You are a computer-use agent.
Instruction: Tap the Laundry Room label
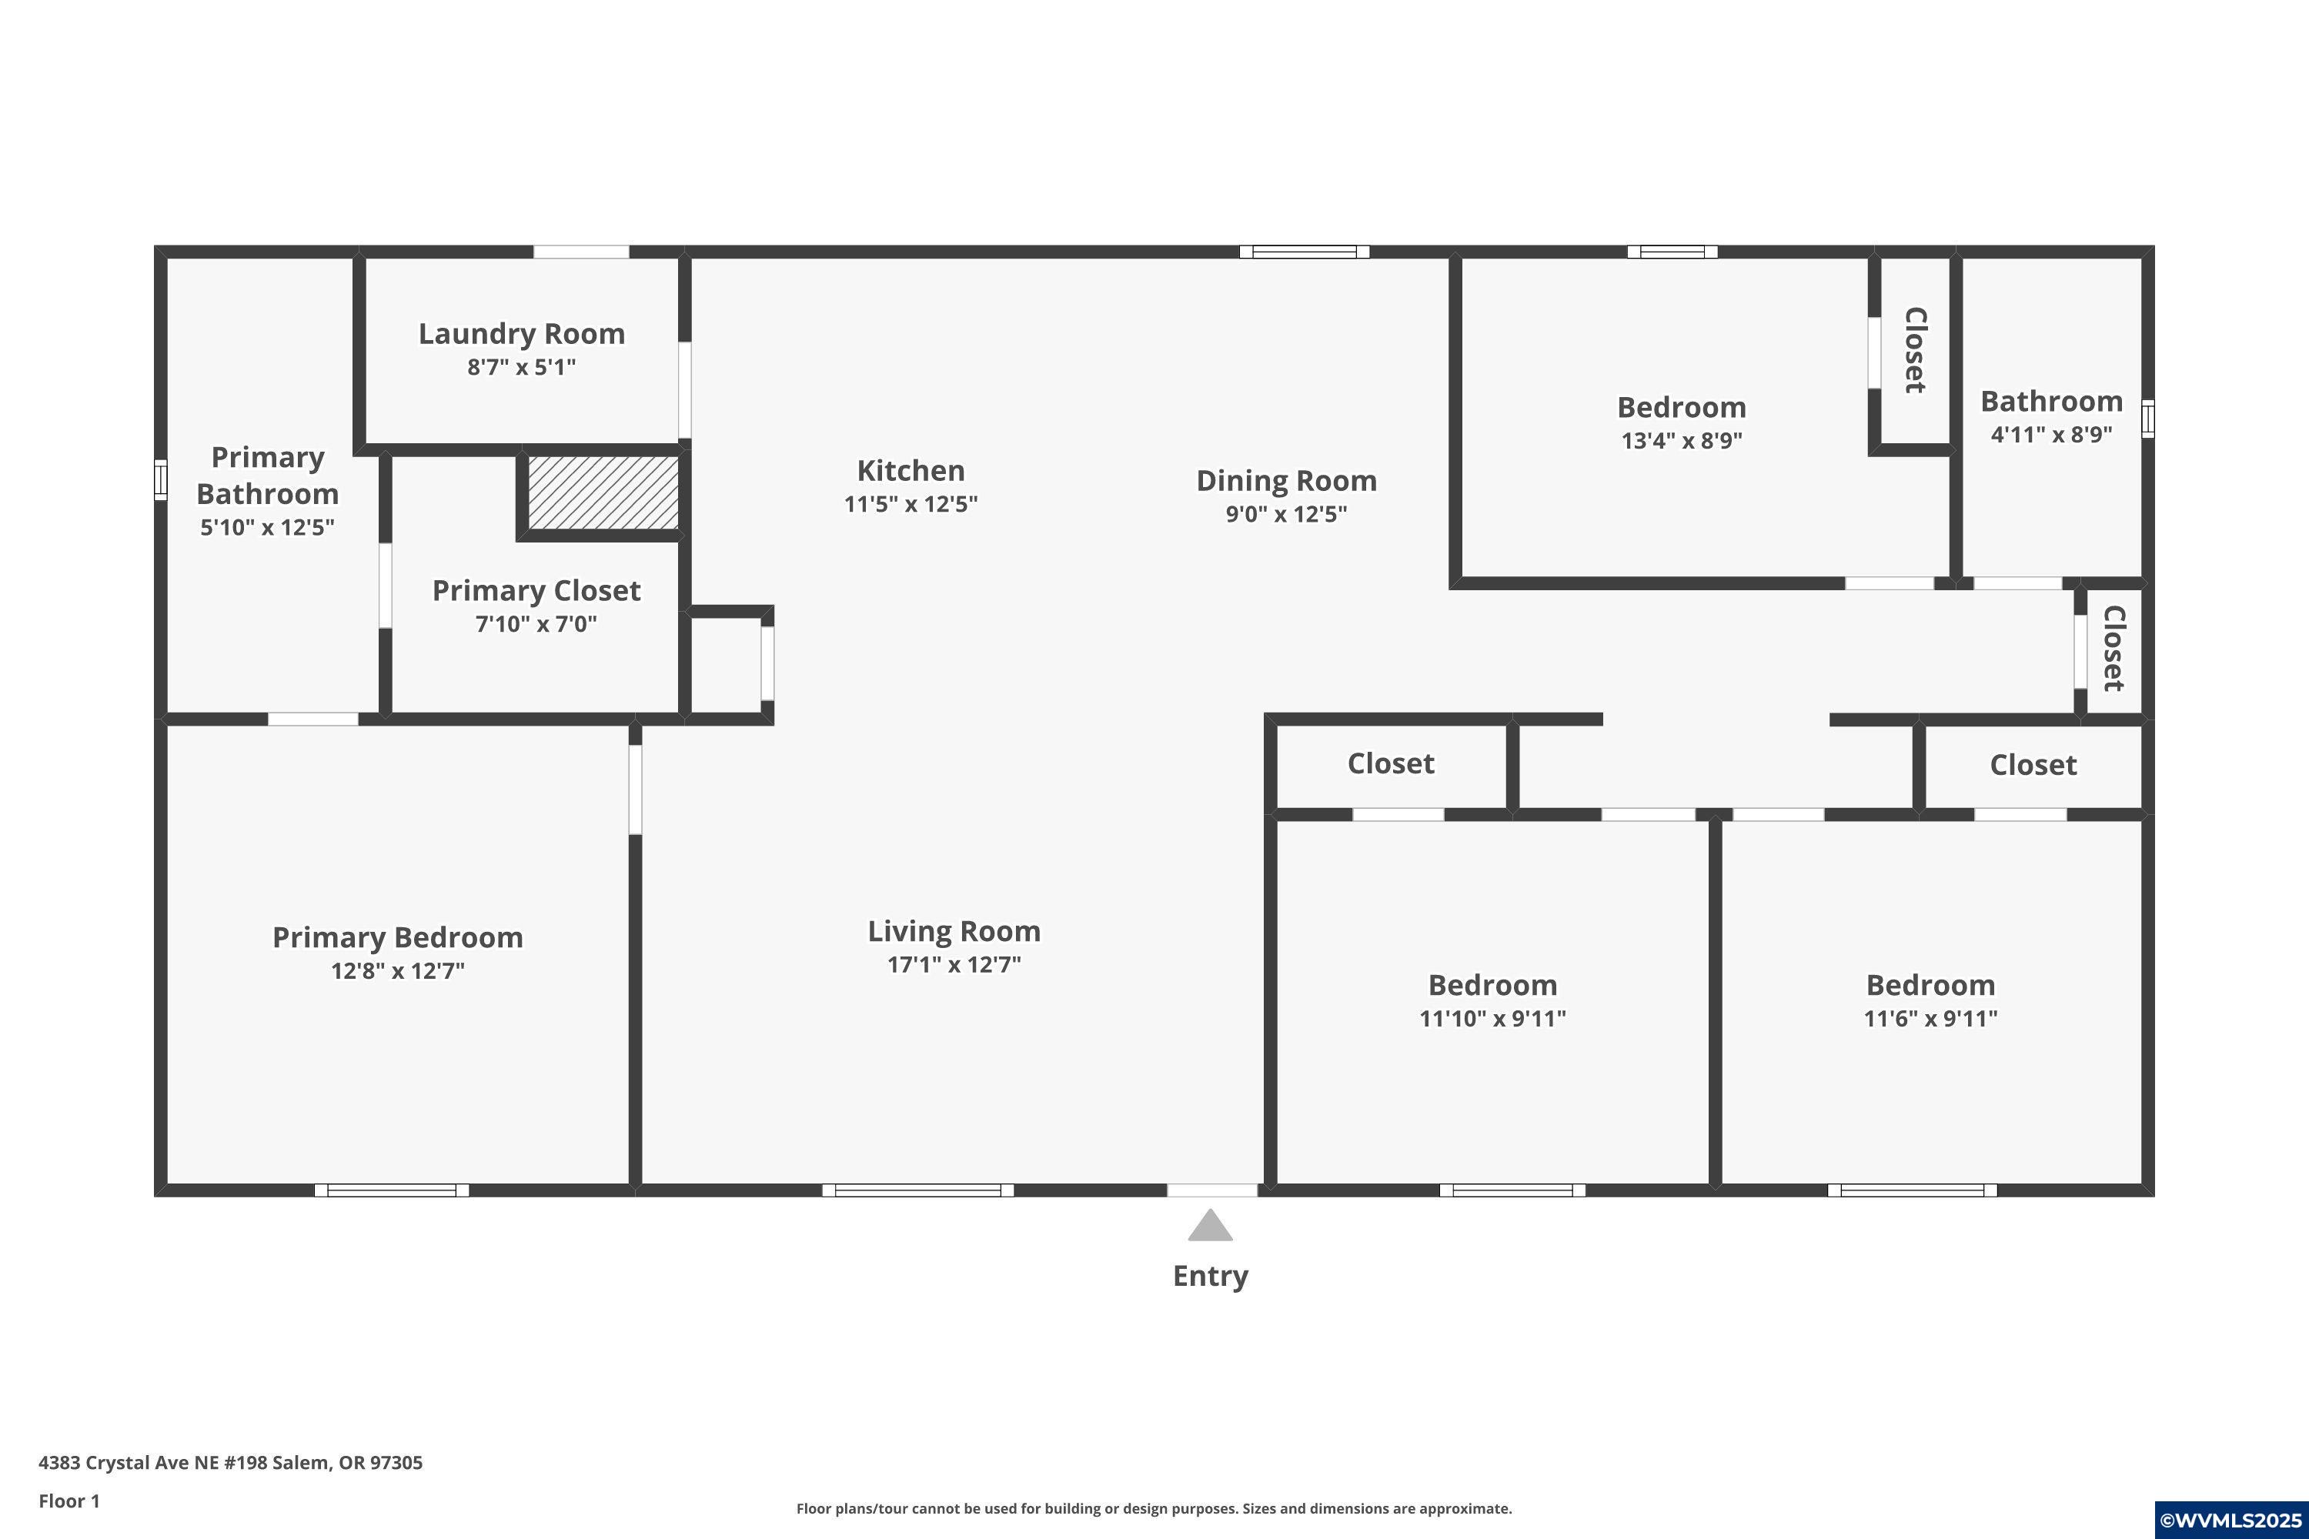pos(521,334)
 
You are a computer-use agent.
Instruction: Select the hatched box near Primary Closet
pos(603,492)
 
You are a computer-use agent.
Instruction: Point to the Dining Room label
pos(1286,481)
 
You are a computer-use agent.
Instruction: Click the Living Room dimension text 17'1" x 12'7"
pos(954,964)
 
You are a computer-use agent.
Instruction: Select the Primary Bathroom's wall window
pos(161,480)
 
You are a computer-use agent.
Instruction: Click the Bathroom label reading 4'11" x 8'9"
pos(2051,434)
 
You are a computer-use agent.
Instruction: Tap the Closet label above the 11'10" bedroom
pos(1390,763)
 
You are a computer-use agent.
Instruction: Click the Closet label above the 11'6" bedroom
pos(2032,766)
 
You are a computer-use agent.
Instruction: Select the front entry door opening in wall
pos(1211,1190)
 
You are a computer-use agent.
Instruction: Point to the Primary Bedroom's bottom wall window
pos(392,1190)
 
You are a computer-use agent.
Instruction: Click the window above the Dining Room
pos(1304,252)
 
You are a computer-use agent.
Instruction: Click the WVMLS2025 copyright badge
pos(2230,1521)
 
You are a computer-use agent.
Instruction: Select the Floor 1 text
pos(69,1501)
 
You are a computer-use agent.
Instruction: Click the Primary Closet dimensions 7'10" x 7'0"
pos(536,624)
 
